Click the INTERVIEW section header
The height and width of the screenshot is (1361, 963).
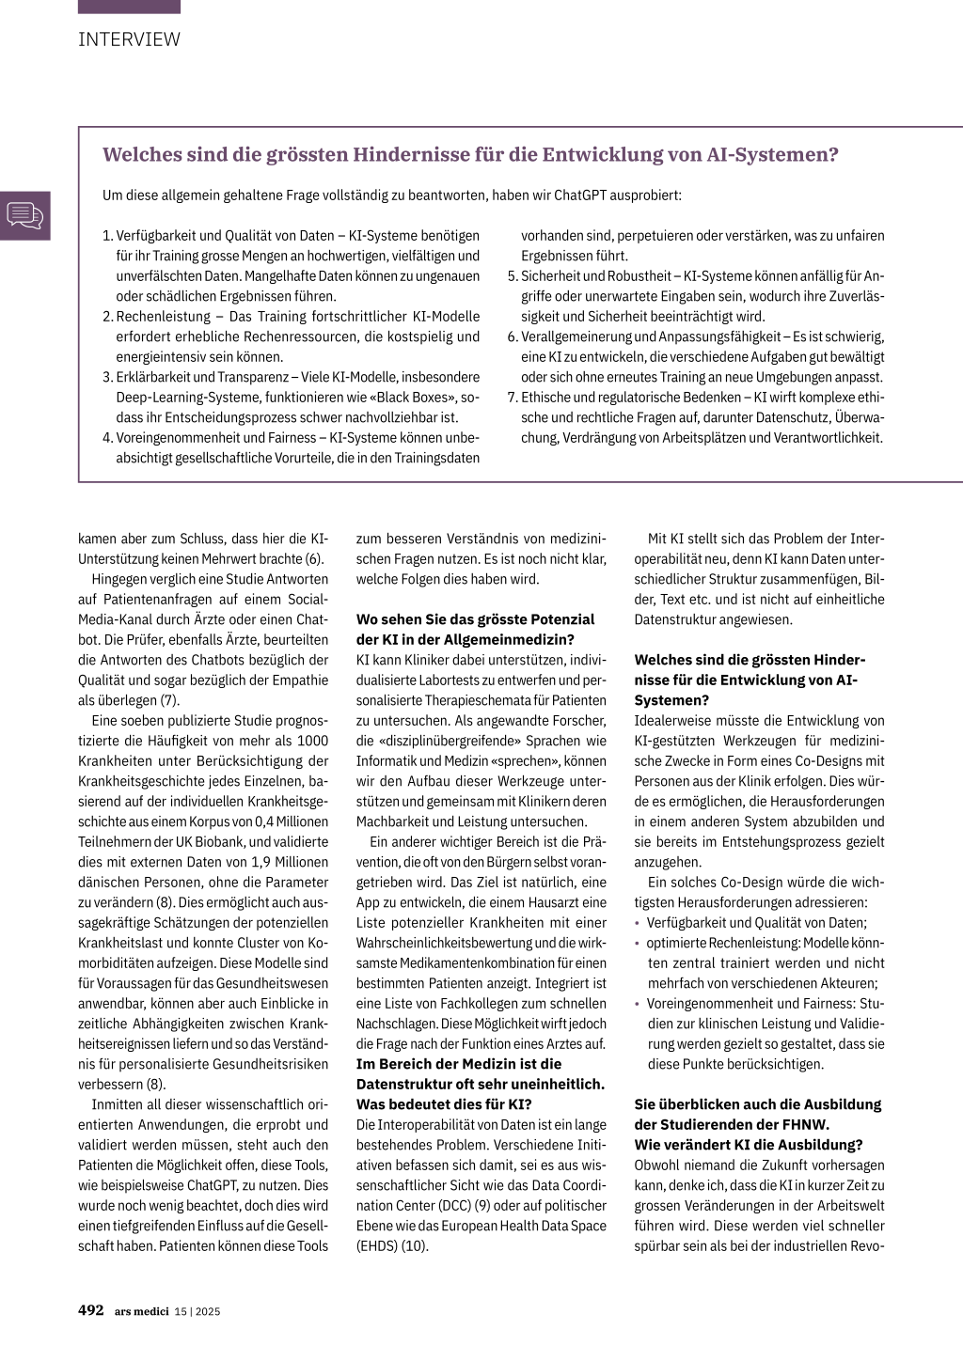129,39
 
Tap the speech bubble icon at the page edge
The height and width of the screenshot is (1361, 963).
24,215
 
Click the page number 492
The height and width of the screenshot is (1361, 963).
91,1310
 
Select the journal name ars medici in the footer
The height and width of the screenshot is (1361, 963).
142,1311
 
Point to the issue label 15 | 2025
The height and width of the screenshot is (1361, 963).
197,1311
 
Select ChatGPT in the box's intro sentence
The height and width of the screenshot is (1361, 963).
588,196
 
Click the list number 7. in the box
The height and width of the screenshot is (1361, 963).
513,398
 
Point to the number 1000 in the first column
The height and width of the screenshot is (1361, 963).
312,741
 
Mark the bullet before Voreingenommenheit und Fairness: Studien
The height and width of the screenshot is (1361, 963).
638,1004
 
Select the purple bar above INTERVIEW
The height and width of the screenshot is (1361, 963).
129,7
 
